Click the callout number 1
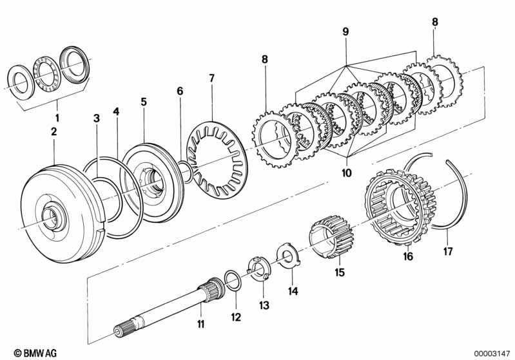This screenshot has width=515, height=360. click(x=56, y=118)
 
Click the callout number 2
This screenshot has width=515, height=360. click(x=53, y=131)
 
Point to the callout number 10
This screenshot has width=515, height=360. click(x=346, y=173)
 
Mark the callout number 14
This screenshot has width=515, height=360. click(x=293, y=290)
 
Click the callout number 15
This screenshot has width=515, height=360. click(x=340, y=272)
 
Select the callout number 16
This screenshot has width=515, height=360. click(x=408, y=257)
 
